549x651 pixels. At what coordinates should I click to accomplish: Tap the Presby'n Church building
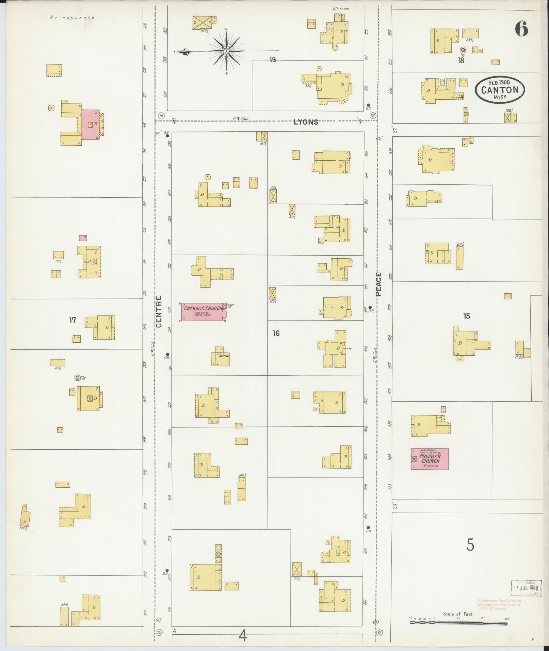coord(430,459)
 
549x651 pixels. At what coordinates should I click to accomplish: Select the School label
coord(224,356)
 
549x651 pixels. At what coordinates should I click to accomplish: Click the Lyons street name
coord(306,122)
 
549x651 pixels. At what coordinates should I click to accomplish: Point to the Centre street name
coord(159,311)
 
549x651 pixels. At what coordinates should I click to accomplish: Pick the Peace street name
coord(379,284)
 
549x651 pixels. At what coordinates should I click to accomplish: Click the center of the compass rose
coord(226,51)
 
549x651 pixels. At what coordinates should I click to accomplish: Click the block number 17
coord(72,320)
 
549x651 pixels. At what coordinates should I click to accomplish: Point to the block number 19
coord(272,60)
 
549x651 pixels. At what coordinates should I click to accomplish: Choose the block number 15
coord(466,316)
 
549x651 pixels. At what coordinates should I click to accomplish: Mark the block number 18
coord(461,61)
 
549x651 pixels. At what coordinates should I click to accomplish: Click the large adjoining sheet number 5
coord(470,545)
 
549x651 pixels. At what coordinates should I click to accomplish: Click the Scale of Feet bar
coord(458,622)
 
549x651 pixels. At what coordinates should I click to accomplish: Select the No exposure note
coord(72,17)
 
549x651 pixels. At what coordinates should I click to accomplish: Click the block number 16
coord(276,333)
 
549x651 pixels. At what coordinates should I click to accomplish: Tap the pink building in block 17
coord(90,125)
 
